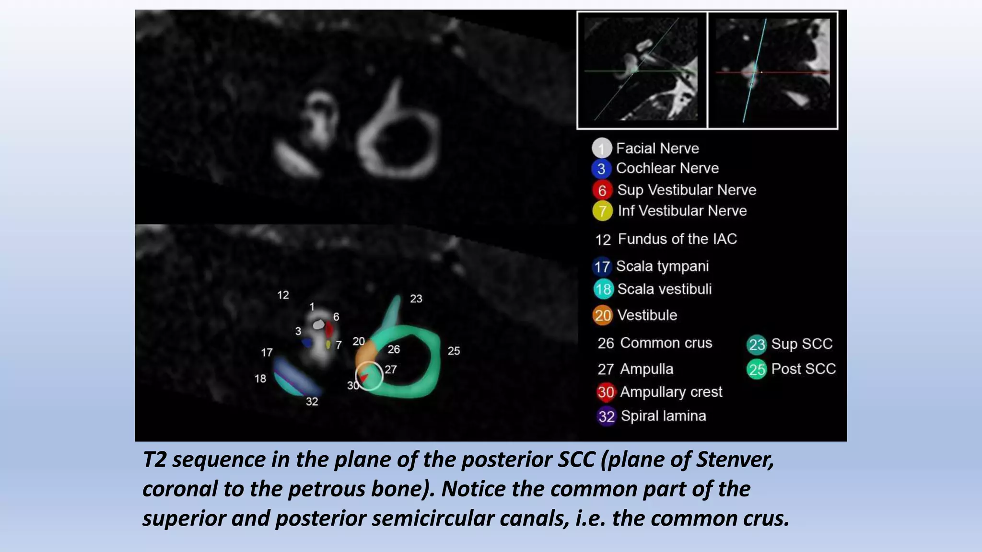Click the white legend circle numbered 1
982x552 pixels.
pyautogui.click(x=601, y=148)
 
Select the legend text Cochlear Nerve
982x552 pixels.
pyautogui.click(x=667, y=168)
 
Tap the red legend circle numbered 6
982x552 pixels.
pyautogui.click(x=602, y=190)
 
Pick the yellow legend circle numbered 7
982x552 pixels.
pyautogui.click(x=602, y=211)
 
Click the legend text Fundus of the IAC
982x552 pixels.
pyautogui.click(x=677, y=239)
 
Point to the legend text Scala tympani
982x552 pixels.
pyautogui.click(x=662, y=266)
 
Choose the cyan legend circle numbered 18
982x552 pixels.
pyautogui.click(x=603, y=289)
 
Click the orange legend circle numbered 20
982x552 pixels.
pyautogui.click(x=603, y=315)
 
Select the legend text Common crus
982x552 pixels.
pyautogui.click(x=666, y=343)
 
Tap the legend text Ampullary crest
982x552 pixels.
pyautogui.click(x=671, y=392)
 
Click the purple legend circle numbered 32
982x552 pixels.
pyautogui.click(x=606, y=416)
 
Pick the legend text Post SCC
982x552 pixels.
pyautogui.click(x=803, y=369)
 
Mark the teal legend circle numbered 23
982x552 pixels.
pyautogui.click(x=757, y=345)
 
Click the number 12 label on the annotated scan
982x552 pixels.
pyautogui.click(x=283, y=295)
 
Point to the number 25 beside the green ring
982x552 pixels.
pyautogui.click(x=454, y=351)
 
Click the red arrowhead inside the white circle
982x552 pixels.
pyautogui.click(x=364, y=378)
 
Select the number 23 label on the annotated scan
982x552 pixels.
pyautogui.click(x=416, y=299)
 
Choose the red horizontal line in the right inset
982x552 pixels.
pyautogui.click(x=796, y=72)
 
